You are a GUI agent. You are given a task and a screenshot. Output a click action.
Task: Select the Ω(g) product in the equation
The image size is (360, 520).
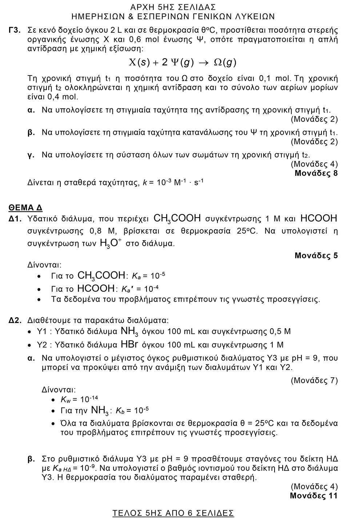tap(225, 63)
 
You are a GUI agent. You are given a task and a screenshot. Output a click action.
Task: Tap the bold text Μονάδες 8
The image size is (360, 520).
tap(316, 173)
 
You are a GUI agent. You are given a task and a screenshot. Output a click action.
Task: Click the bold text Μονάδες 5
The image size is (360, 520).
tap(316, 255)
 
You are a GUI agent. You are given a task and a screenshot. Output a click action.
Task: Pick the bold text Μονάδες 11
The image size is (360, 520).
tap(313, 496)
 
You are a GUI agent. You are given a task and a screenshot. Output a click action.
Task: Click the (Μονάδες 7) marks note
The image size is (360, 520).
tap(314, 380)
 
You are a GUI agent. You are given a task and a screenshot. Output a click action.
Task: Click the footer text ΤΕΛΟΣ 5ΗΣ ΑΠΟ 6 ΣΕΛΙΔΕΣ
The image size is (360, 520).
tap(173, 513)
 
